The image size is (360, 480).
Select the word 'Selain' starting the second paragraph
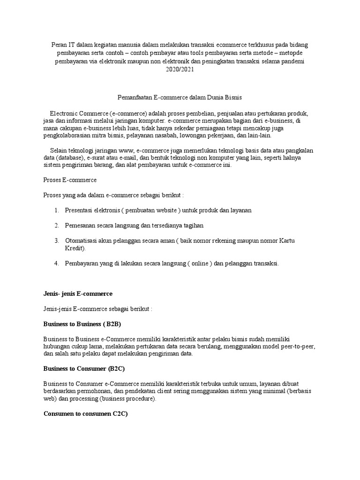coord(60,150)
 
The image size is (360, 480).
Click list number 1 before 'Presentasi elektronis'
coord(56,210)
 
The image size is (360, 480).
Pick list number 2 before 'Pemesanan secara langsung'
coord(56,225)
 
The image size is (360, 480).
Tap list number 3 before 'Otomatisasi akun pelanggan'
coord(56,240)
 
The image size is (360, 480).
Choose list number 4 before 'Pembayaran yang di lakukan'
coord(56,263)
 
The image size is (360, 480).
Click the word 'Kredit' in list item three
coord(74,248)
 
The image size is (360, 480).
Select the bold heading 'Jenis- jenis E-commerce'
coord(78,293)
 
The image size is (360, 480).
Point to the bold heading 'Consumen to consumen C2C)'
coord(85,414)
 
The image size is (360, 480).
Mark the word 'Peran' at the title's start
coord(59,45)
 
